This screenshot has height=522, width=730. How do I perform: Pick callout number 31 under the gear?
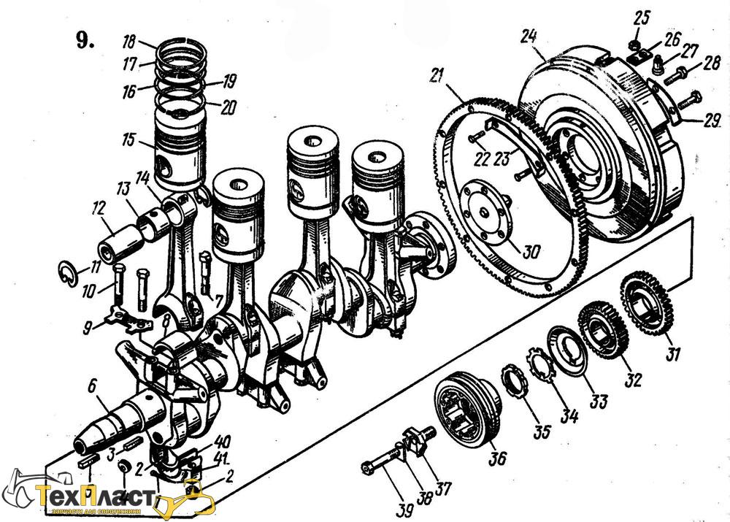click(672, 355)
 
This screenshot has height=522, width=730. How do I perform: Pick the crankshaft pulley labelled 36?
click(466, 411)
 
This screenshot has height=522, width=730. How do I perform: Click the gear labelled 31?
click(646, 300)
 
